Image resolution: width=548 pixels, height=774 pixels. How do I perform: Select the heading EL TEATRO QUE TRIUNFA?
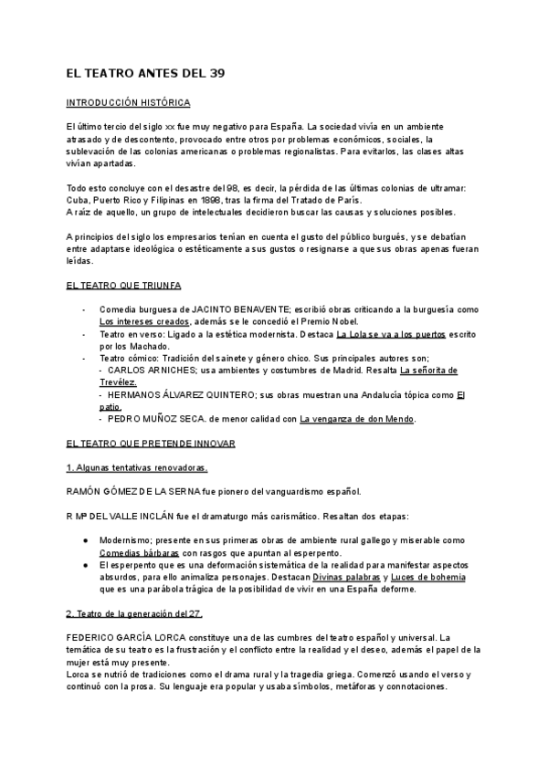[124, 286]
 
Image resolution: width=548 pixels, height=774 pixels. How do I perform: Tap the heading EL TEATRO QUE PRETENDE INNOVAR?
[151, 443]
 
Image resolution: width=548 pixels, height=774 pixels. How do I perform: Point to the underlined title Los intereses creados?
[144, 321]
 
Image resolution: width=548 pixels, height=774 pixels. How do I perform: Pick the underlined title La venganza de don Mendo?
[357, 419]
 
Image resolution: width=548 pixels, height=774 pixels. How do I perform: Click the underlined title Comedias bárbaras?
[140, 553]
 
